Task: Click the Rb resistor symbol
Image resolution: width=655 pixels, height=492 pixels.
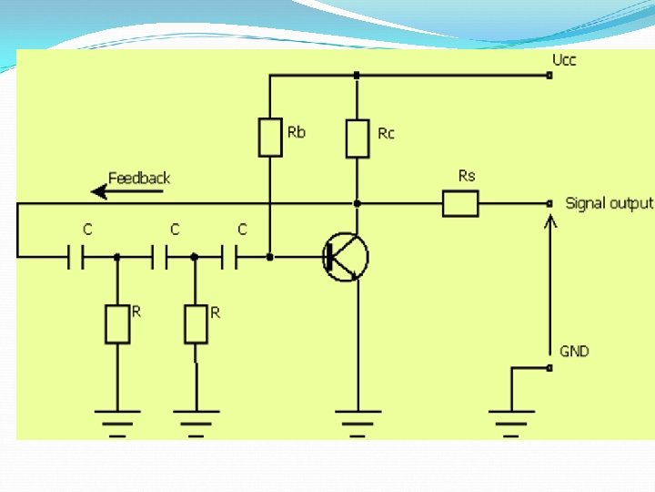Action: [270, 138]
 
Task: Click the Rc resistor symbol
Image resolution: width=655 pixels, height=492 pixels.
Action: [358, 138]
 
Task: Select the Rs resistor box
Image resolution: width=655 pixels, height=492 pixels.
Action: [460, 203]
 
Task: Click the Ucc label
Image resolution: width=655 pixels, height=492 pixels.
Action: [564, 61]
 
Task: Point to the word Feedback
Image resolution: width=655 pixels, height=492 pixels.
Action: [139, 178]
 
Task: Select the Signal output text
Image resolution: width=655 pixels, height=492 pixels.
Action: [609, 203]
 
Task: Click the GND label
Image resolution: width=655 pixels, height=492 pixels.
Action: [574, 351]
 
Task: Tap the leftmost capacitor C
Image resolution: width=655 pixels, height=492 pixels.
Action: [76, 257]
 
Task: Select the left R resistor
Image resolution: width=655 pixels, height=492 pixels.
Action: [116, 324]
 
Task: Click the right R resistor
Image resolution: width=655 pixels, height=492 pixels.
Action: [196, 324]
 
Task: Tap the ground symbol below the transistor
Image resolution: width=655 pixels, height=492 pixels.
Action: [358, 418]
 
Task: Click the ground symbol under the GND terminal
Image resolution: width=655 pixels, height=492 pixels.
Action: [511, 418]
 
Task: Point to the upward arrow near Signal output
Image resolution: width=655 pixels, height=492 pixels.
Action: [549, 273]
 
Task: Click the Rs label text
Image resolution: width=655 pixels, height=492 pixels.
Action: [467, 176]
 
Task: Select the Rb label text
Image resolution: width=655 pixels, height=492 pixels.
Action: [297, 133]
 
